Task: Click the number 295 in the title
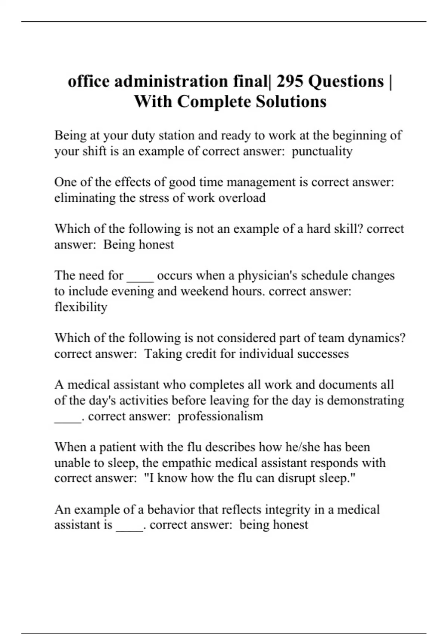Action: click(x=291, y=81)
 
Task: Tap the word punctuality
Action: click(x=322, y=151)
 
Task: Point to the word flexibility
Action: click(x=81, y=307)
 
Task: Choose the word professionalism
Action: click(x=220, y=416)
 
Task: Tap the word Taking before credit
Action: click(x=162, y=354)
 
